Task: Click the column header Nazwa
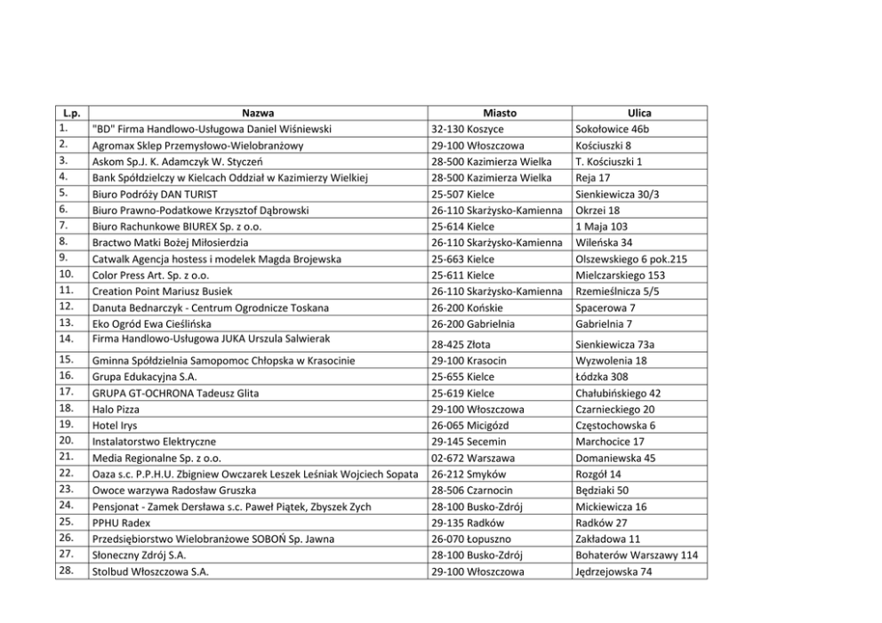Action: click(258, 113)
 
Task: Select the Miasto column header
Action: click(499, 113)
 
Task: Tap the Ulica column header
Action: click(638, 113)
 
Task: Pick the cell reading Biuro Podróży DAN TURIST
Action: click(156, 194)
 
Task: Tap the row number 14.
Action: click(66, 338)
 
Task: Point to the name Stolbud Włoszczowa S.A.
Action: click(150, 571)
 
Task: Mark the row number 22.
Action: click(66, 473)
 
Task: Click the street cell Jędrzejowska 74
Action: click(614, 571)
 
